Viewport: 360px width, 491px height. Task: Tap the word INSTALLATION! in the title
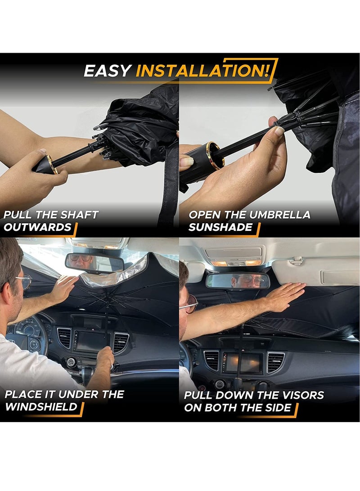(202, 71)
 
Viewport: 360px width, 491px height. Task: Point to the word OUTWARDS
(38, 227)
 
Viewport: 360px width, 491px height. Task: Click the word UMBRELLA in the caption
(280, 215)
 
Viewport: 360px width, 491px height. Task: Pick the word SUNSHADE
(220, 227)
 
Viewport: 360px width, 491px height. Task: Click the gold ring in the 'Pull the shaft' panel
(52, 164)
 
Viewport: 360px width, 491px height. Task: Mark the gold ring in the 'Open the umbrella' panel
(212, 155)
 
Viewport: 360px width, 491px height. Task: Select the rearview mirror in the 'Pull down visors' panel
(238, 281)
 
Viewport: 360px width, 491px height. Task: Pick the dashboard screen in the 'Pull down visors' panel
(243, 363)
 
